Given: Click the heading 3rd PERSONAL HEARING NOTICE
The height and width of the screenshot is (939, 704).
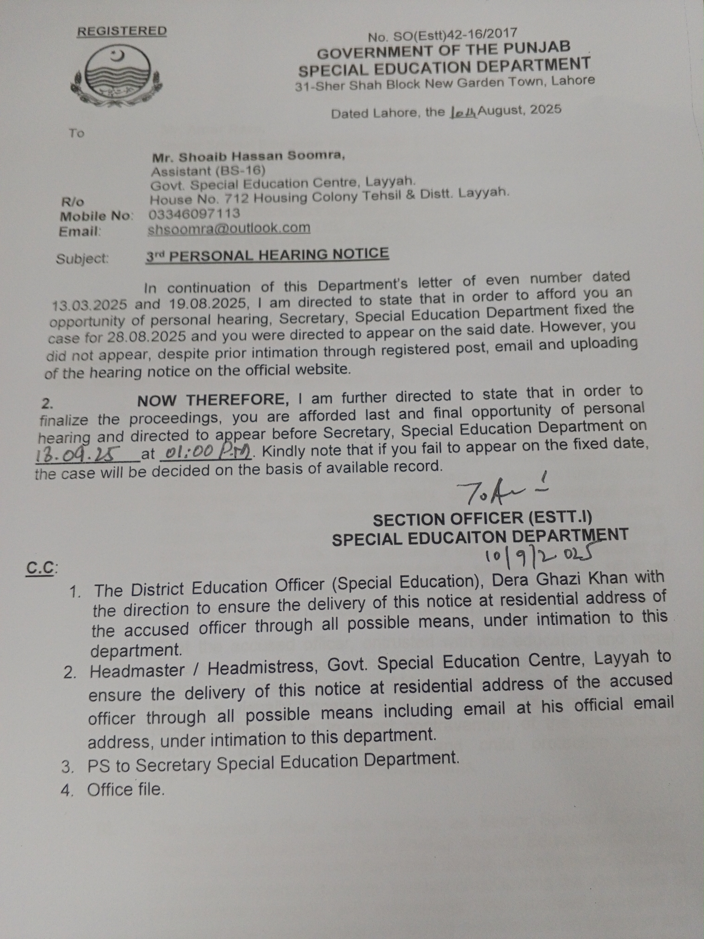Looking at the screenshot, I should click(x=267, y=255).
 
